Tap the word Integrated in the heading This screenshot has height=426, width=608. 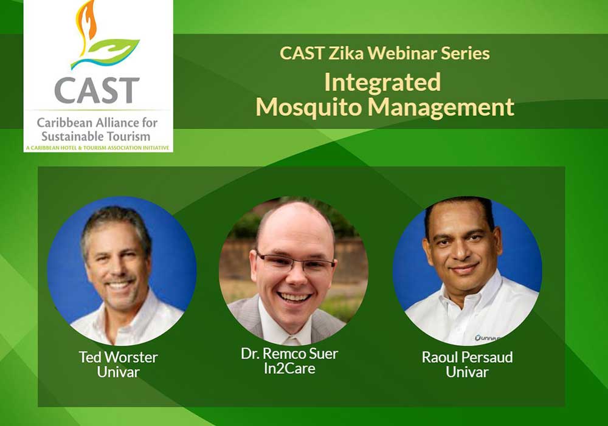[x=382, y=83]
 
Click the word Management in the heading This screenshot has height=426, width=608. [x=441, y=108]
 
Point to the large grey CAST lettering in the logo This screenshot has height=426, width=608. [x=97, y=91]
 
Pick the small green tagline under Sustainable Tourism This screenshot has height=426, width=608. [x=98, y=148]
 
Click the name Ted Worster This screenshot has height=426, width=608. [x=119, y=357]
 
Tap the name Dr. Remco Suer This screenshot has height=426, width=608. [x=289, y=354]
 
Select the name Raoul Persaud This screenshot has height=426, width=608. [x=467, y=357]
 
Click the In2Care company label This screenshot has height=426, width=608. [x=289, y=368]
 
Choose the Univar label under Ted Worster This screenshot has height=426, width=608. [x=119, y=372]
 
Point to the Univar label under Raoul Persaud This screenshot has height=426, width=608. [x=467, y=372]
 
